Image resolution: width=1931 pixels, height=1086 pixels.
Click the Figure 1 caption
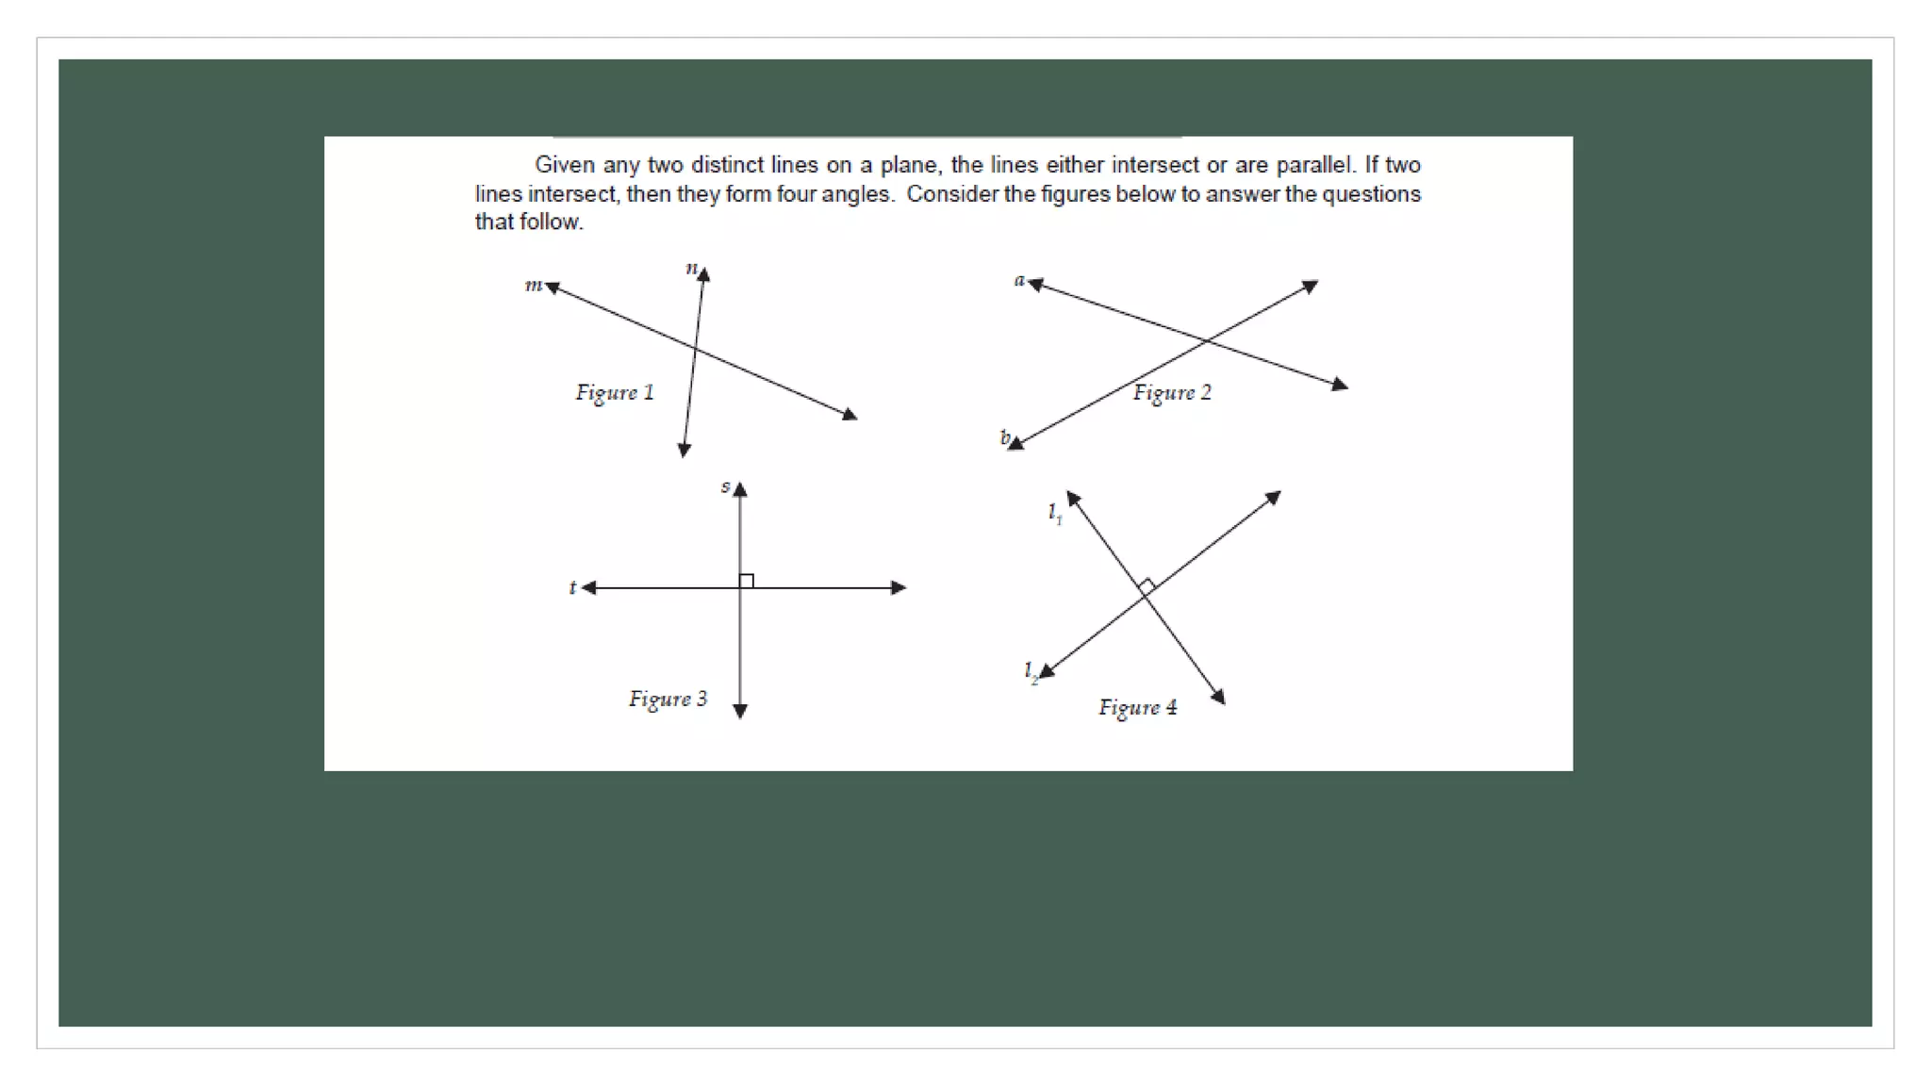pyautogui.click(x=615, y=392)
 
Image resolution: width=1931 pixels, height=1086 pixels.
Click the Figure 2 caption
pyautogui.click(x=1172, y=392)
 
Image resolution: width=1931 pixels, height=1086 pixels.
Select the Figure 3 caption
pyautogui.click(x=668, y=699)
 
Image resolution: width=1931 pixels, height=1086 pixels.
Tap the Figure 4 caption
pyautogui.click(x=1137, y=707)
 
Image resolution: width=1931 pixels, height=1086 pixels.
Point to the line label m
pyautogui.click(x=534, y=285)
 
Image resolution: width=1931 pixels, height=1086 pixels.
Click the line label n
pyautogui.click(x=691, y=268)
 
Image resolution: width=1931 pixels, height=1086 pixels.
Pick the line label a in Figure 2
pyautogui.click(x=1019, y=280)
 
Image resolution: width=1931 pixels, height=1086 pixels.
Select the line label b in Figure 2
pyautogui.click(x=1005, y=437)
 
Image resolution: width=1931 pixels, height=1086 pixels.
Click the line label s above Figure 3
pyautogui.click(x=725, y=486)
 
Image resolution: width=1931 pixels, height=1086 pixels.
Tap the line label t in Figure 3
pyautogui.click(x=572, y=587)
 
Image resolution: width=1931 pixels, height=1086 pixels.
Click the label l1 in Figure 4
pyautogui.click(x=1055, y=513)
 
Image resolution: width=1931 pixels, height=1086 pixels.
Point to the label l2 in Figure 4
pyautogui.click(x=1032, y=671)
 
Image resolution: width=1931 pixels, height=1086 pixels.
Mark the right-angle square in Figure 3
pyautogui.click(x=747, y=581)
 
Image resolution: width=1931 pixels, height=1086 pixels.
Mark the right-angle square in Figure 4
pyautogui.click(x=1147, y=586)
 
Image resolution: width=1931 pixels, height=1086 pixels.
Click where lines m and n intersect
pyautogui.click(x=695, y=351)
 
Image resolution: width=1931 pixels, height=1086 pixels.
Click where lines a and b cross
pyautogui.click(x=1206, y=339)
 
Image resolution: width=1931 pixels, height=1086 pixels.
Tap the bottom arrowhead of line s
pyautogui.click(x=740, y=712)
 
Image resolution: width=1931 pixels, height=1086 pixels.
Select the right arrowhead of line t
pyautogui.click(x=899, y=587)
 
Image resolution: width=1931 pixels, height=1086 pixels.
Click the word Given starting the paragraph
pyautogui.click(x=565, y=165)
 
